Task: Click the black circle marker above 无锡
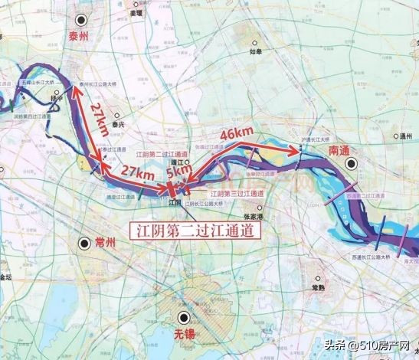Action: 183,317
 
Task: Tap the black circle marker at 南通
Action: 351,164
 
